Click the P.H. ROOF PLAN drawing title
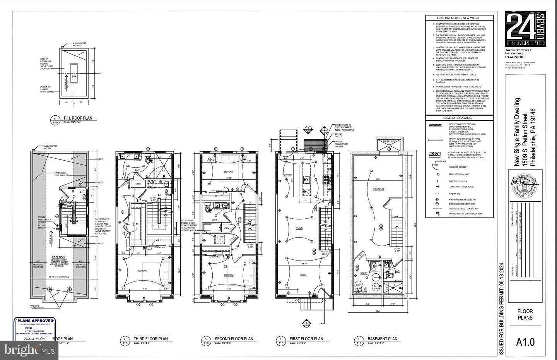(x=78, y=118)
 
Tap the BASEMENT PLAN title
(x=382, y=339)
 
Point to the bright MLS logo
(x=29, y=351)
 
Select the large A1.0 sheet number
(x=525, y=342)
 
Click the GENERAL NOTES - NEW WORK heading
(x=459, y=18)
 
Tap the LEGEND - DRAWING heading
(x=459, y=118)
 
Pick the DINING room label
(x=299, y=228)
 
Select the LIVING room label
(x=303, y=275)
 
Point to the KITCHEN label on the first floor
(x=287, y=175)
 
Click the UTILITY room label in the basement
(x=364, y=273)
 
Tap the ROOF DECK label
(x=57, y=257)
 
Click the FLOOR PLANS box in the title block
(x=525, y=314)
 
